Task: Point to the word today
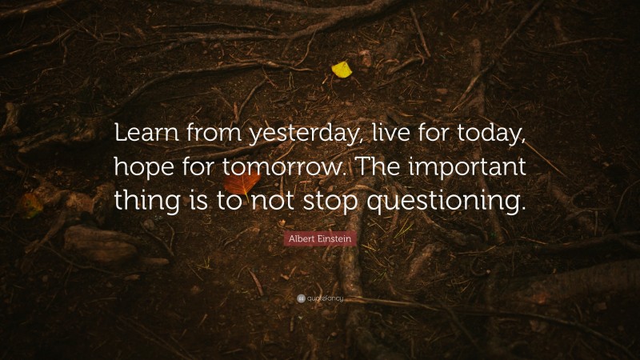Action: point(492,137)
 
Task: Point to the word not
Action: point(282,200)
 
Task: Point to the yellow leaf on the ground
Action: point(342,70)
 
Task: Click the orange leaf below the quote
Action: point(247,182)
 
